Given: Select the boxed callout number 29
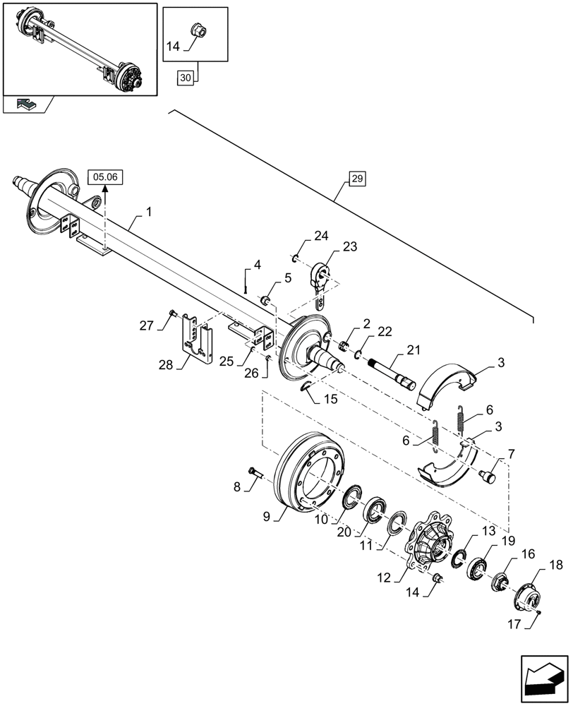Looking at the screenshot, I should coord(356,179).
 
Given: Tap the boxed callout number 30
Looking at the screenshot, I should coord(185,78).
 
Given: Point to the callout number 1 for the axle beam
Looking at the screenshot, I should coord(149,212).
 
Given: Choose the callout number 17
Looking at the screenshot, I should coord(514,625).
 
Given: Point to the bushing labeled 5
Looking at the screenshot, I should coord(267,301).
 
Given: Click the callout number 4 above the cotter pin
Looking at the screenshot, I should coord(257,265).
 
